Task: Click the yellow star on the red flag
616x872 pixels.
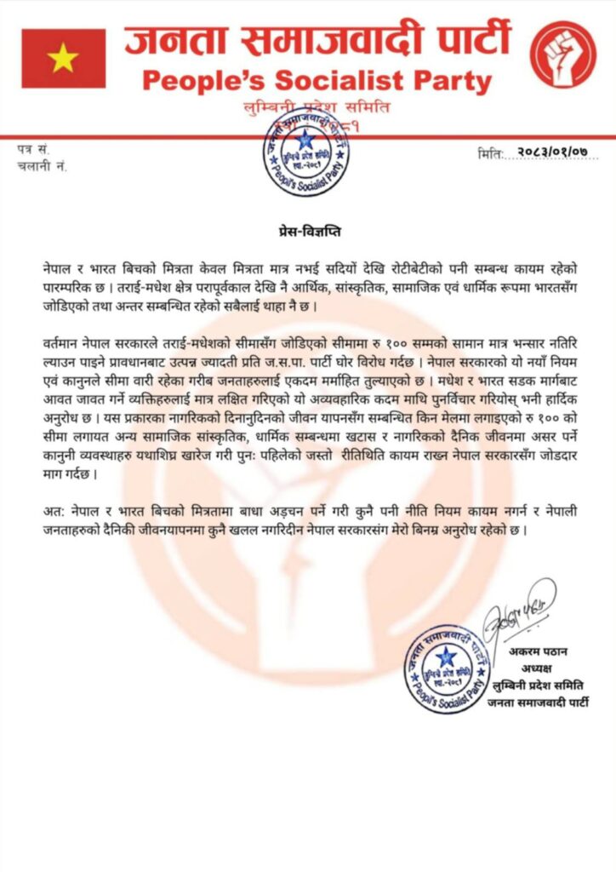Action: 63,58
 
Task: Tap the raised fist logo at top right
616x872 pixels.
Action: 562,54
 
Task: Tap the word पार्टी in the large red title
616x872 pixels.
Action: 465,39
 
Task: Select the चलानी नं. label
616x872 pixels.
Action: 42,166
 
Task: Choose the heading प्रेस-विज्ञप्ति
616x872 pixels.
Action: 308,230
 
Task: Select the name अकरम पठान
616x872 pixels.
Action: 539,651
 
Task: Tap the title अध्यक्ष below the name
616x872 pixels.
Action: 537,668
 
